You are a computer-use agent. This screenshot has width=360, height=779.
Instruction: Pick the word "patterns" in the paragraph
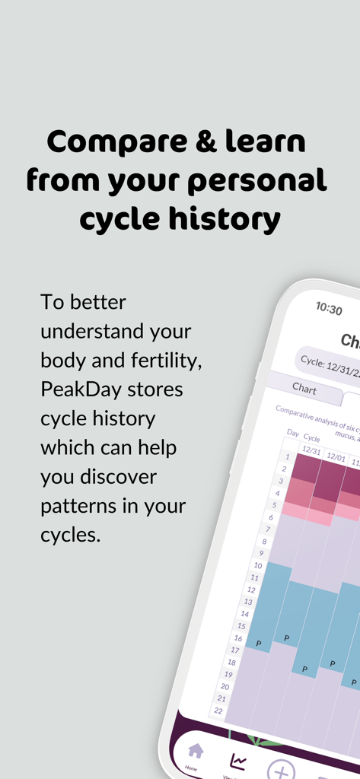point(83,505)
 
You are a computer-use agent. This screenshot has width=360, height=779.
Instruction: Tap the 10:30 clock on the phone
point(329,308)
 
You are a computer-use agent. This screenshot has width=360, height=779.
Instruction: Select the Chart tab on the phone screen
point(304,389)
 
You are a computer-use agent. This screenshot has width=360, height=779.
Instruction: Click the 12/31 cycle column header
point(311,450)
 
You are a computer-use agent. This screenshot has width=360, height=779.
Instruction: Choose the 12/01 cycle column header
point(336,459)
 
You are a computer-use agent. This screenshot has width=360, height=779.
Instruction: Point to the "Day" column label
point(292,433)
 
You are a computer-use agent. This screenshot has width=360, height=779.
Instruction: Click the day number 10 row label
point(257,566)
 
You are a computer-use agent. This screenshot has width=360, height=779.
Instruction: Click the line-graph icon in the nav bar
point(237,761)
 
